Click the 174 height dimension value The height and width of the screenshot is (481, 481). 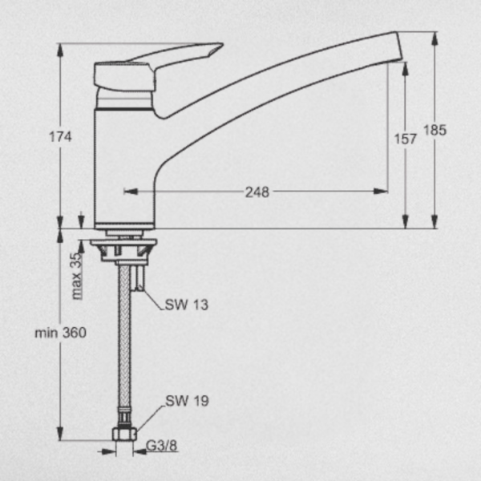pos(60,137)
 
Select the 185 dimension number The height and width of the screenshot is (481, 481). pos(435,130)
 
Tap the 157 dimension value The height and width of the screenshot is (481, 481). pos(405,139)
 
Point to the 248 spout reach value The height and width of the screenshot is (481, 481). pos(257,192)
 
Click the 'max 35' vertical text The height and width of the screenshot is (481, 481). pos(77,276)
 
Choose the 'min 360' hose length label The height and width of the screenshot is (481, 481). pos(60,333)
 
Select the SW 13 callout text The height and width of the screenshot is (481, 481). pos(187,305)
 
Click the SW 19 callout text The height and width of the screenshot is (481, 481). pos(187,401)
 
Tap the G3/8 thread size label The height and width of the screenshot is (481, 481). pos(162,446)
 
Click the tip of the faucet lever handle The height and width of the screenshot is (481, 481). pos(221,45)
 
